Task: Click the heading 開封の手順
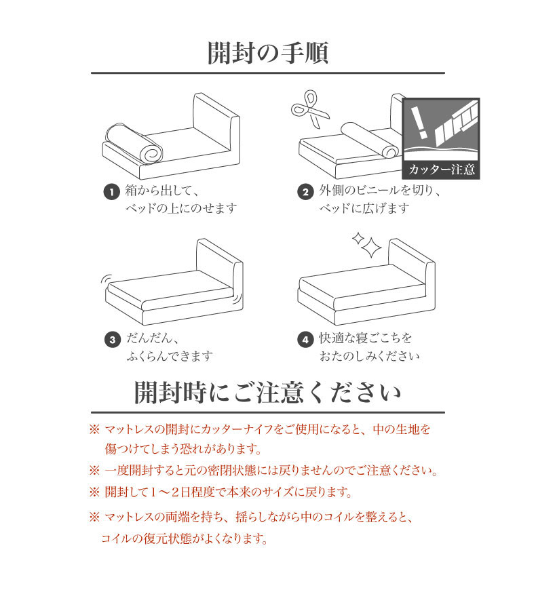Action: pyautogui.click(x=267, y=53)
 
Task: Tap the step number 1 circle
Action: pyautogui.click(x=111, y=193)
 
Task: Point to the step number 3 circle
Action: pyautogui.click(x=112, y=340)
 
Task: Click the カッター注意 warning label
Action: pyautogui.click(x=441, y=170)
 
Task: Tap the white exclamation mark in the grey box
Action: pyautogui.click(x=419, y=122)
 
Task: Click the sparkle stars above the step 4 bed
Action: pyautogui.click(x=366, y=245)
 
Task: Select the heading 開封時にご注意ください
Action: pyautogui.click(x=267, y=393)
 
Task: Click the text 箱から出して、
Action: pyautogui.click(x=162, y=191)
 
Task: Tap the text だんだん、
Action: pyautogui.click(x=152, y=338)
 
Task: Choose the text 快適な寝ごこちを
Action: pyautogui.click(x=366, y=338)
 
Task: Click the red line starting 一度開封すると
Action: pyautogui.click(x=271, y=471)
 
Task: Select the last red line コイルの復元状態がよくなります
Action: pyautogui.click(x=184, y=539)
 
